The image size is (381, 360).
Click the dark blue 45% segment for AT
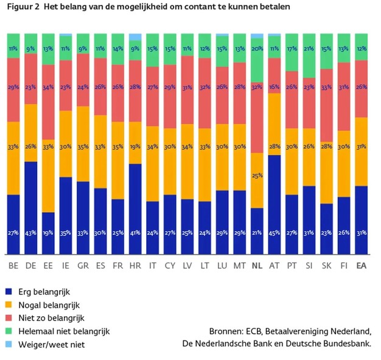coord(274,204)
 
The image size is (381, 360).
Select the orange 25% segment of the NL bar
coord(257,180)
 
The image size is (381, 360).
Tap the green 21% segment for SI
coord(309,56)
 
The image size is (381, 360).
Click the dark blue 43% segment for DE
coord(30,207)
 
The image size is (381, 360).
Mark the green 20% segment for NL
coord(257,61)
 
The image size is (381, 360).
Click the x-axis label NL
coord(257,266)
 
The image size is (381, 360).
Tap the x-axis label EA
coord(362,266)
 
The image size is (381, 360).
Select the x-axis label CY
coord(170,266)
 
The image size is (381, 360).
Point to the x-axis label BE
coord(13,266)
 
